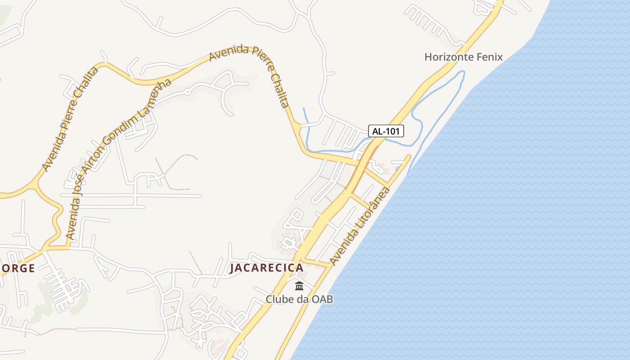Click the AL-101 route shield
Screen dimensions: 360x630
386,131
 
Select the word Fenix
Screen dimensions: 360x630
490,57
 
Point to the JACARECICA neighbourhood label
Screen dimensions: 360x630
266,268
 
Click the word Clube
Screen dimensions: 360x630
279,299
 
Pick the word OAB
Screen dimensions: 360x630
323,299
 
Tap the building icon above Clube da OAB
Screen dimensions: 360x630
299,286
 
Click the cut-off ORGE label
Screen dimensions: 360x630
17,269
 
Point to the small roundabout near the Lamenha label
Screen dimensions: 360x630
188,92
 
